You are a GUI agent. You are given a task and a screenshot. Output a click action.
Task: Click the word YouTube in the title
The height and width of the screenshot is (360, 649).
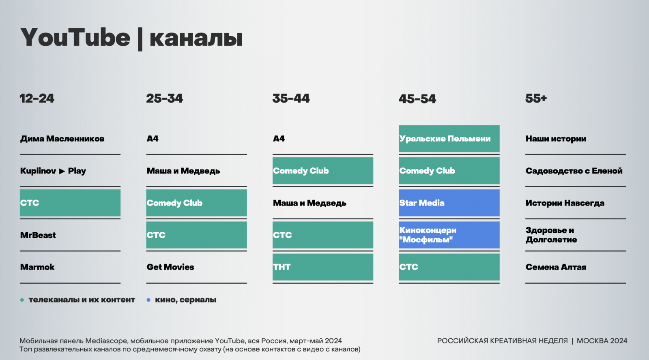point(75,38)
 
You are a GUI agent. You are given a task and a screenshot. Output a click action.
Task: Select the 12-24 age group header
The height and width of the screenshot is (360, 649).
point(37,99)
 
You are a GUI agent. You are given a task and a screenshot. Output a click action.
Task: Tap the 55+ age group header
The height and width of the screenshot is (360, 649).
point(536,99)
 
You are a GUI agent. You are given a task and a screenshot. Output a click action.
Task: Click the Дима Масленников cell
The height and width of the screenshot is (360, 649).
point(62,139)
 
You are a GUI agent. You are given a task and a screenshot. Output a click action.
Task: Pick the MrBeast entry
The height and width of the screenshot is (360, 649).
point(38,235)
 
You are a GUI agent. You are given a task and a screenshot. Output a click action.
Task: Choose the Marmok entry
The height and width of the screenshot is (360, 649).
point(37,267)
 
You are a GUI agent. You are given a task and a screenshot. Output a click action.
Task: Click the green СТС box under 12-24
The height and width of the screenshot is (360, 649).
point(70,203)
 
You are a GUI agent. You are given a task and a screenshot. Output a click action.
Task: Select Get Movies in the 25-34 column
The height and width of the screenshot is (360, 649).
point(170,267)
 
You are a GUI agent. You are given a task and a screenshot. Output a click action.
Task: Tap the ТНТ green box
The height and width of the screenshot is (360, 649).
point(323,267)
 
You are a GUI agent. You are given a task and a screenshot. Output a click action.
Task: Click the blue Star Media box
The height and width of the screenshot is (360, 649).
point(449,203)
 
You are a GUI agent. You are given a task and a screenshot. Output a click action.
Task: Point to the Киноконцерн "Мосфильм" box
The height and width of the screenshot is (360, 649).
point(449,235)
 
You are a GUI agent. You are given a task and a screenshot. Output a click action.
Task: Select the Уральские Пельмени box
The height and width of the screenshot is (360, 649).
point(449,139)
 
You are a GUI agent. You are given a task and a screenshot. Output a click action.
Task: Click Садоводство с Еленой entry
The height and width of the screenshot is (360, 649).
point(574,171)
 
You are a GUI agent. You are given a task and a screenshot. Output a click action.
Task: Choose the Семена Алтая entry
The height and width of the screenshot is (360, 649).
point(556,267)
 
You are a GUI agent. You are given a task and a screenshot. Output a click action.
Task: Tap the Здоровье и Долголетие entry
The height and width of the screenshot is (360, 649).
point(551,235)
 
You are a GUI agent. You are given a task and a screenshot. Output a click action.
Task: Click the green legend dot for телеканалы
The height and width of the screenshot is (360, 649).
point(22,300)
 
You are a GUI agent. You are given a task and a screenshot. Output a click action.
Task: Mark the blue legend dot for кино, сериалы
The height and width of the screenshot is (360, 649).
point(148,300)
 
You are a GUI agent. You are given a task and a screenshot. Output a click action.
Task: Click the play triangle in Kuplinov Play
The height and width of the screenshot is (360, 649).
point(62,171)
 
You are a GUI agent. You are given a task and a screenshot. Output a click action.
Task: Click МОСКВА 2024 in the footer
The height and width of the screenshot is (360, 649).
point(602,341)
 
